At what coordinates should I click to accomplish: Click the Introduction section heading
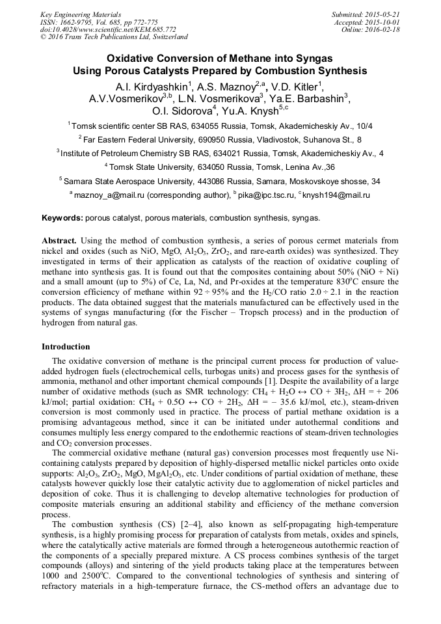pyautogui.click(x=66, y=347)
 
